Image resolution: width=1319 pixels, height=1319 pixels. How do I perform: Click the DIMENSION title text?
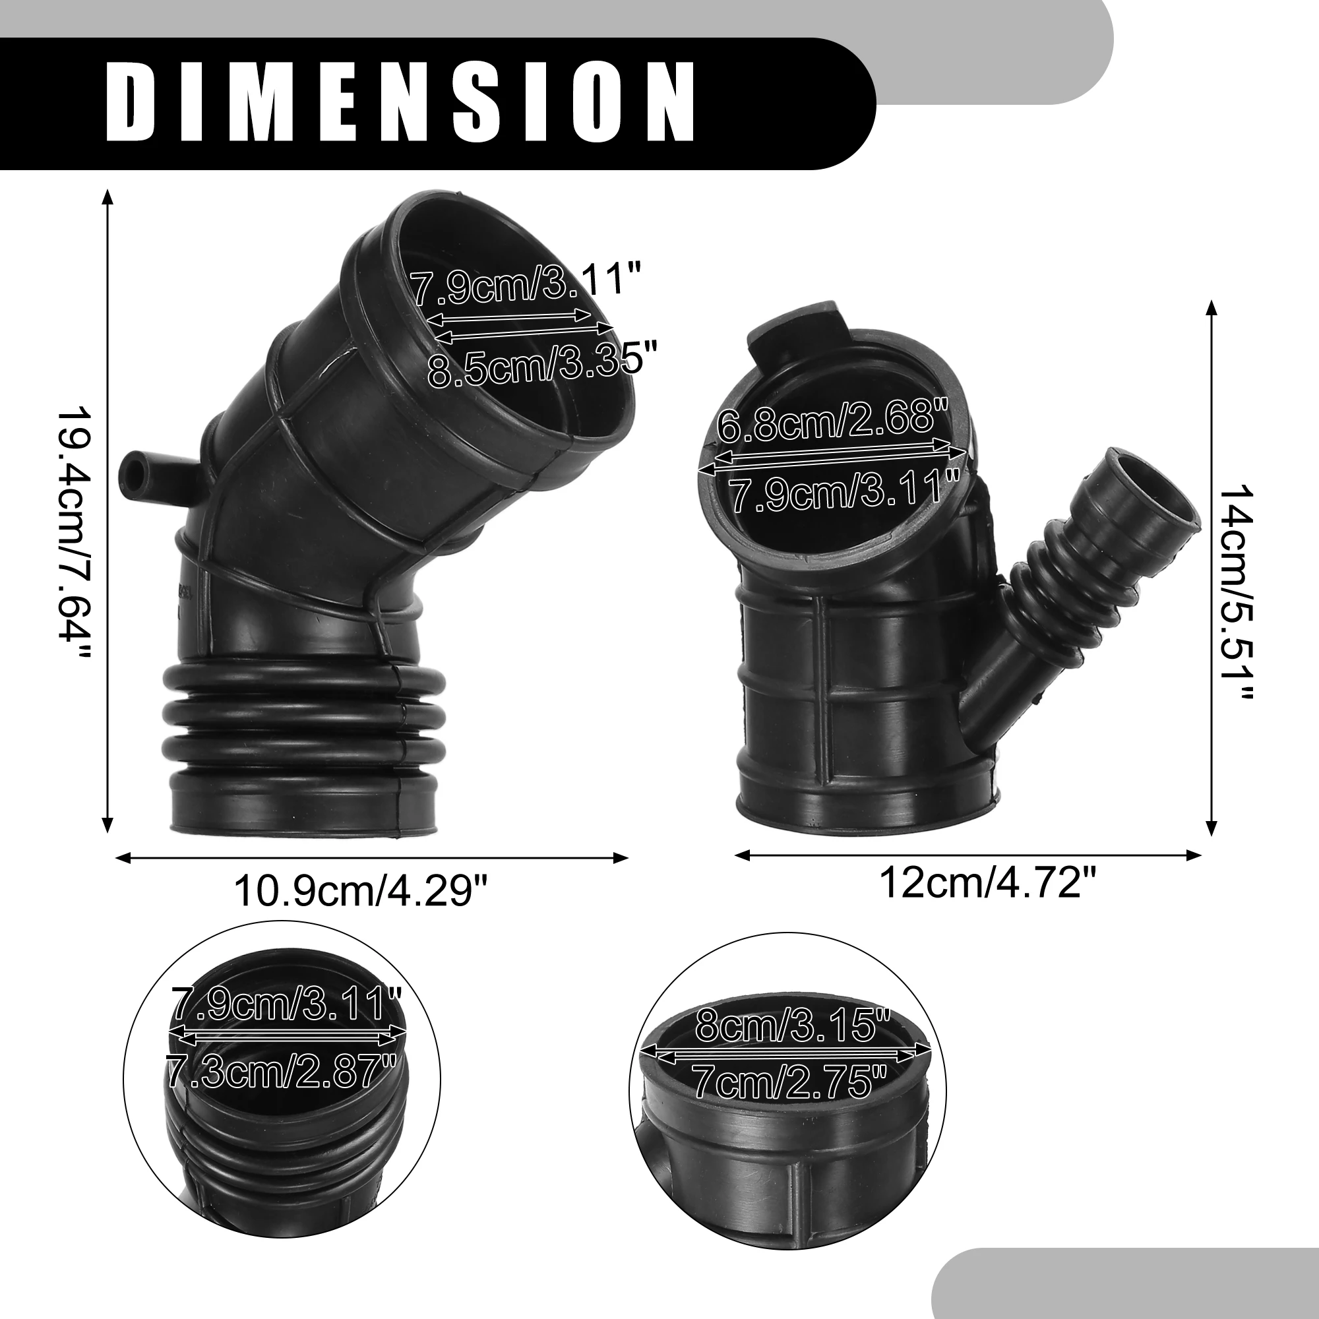[401, 102]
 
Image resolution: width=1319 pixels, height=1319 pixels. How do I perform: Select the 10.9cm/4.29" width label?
[362, 892]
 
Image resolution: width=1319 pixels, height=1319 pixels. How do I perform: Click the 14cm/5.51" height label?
[1236, 594]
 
